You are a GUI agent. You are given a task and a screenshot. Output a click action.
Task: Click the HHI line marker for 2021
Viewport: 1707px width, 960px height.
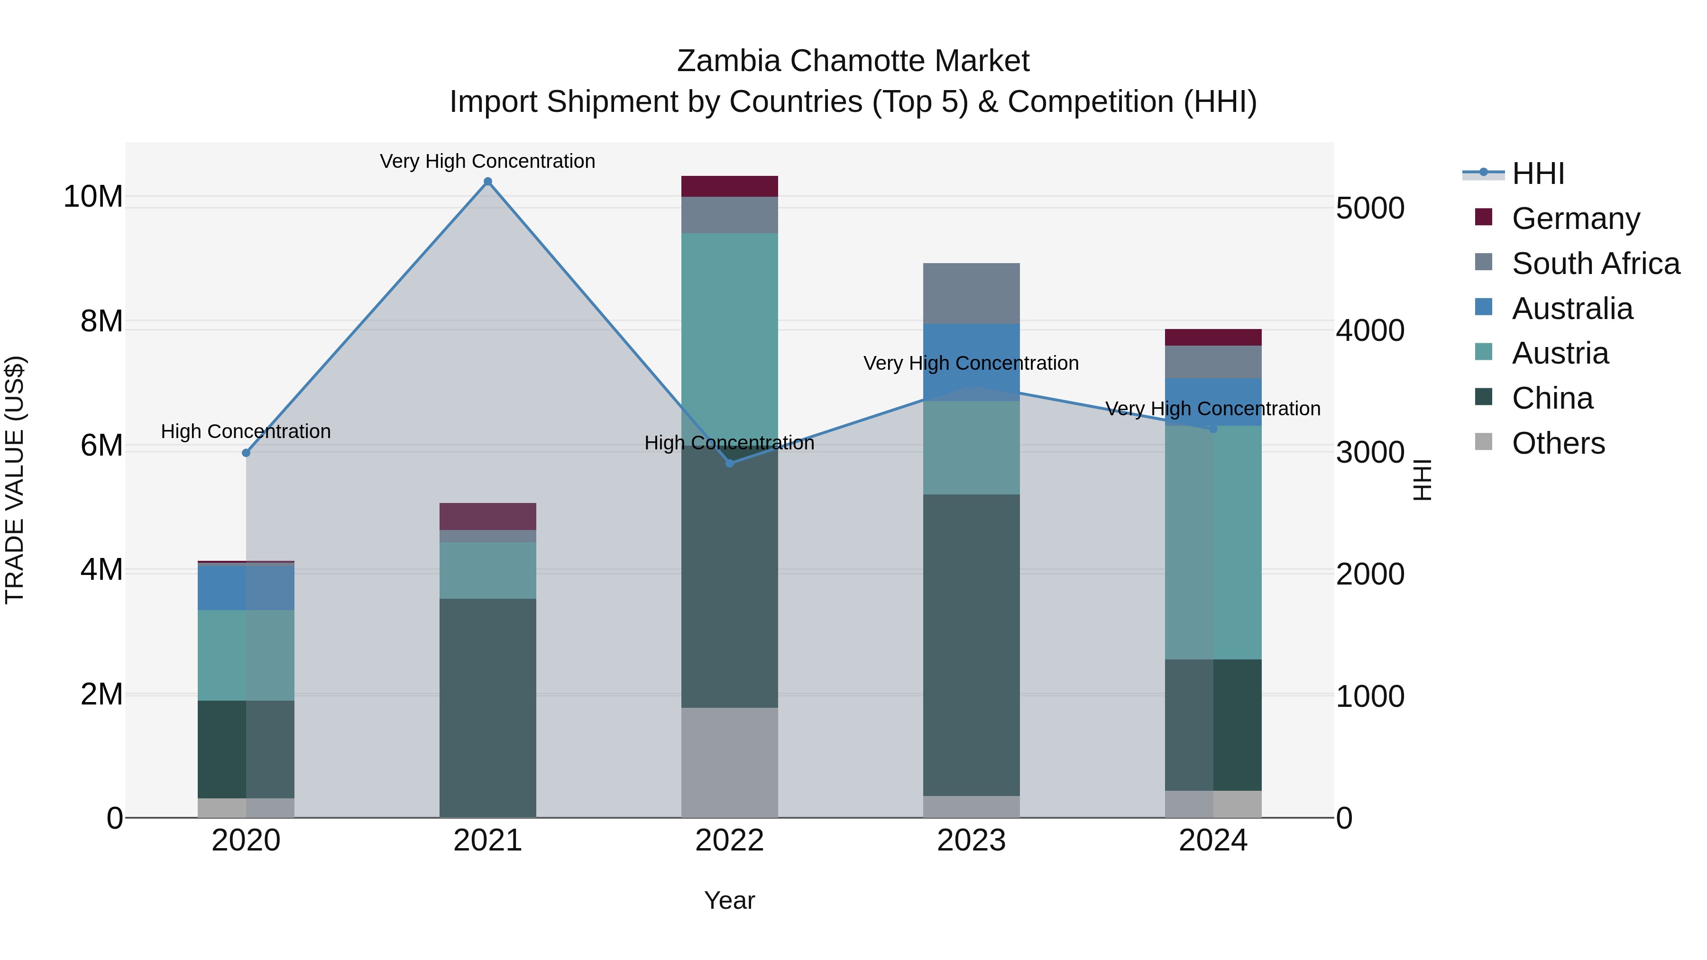click(488, 182)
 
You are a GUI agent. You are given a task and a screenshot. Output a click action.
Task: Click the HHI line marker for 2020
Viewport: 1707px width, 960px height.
click(246, 453)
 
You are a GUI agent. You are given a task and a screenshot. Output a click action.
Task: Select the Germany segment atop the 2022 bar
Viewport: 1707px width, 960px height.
click(730, 186)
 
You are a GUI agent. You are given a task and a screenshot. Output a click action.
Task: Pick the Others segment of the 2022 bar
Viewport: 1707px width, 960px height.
click(730, 762)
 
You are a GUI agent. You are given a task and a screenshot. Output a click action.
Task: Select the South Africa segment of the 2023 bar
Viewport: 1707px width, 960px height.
click(972, 293)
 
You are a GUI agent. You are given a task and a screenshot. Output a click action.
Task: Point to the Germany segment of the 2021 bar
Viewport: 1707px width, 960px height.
click(488, 516)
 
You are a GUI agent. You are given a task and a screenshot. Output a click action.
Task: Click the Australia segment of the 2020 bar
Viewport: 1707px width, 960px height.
click(246, 588)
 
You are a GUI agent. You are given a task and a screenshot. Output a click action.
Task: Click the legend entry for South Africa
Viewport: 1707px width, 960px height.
click(1595, 264)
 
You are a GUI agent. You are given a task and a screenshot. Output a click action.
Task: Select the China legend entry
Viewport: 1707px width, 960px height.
click(1552, 398)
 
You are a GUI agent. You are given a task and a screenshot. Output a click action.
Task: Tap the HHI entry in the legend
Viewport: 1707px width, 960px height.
click(1537, 174)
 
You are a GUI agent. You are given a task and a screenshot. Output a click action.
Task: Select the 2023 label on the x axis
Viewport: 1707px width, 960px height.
click(972, 841)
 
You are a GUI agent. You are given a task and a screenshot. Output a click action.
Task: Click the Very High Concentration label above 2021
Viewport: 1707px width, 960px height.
click(488, 161)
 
